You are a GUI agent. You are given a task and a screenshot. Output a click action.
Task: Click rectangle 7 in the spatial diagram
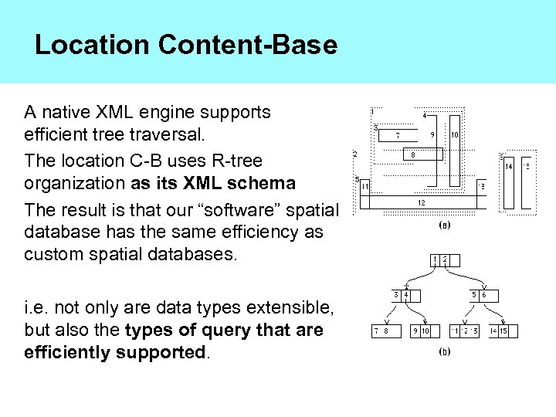coord(398,136)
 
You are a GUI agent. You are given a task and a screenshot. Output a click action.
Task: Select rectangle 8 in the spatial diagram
coord(414,154)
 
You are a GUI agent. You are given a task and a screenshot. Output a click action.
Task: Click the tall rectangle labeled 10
coord(455,151)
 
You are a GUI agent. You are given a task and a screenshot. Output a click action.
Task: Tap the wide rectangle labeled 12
coord(422,202)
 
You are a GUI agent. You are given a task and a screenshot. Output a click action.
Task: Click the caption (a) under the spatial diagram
coord(445,227)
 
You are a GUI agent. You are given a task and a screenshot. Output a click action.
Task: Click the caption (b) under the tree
coord(445,351)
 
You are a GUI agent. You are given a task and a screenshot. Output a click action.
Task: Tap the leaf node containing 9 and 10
coord(421,331)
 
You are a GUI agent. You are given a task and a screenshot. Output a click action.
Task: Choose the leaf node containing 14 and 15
coord(500,331)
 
